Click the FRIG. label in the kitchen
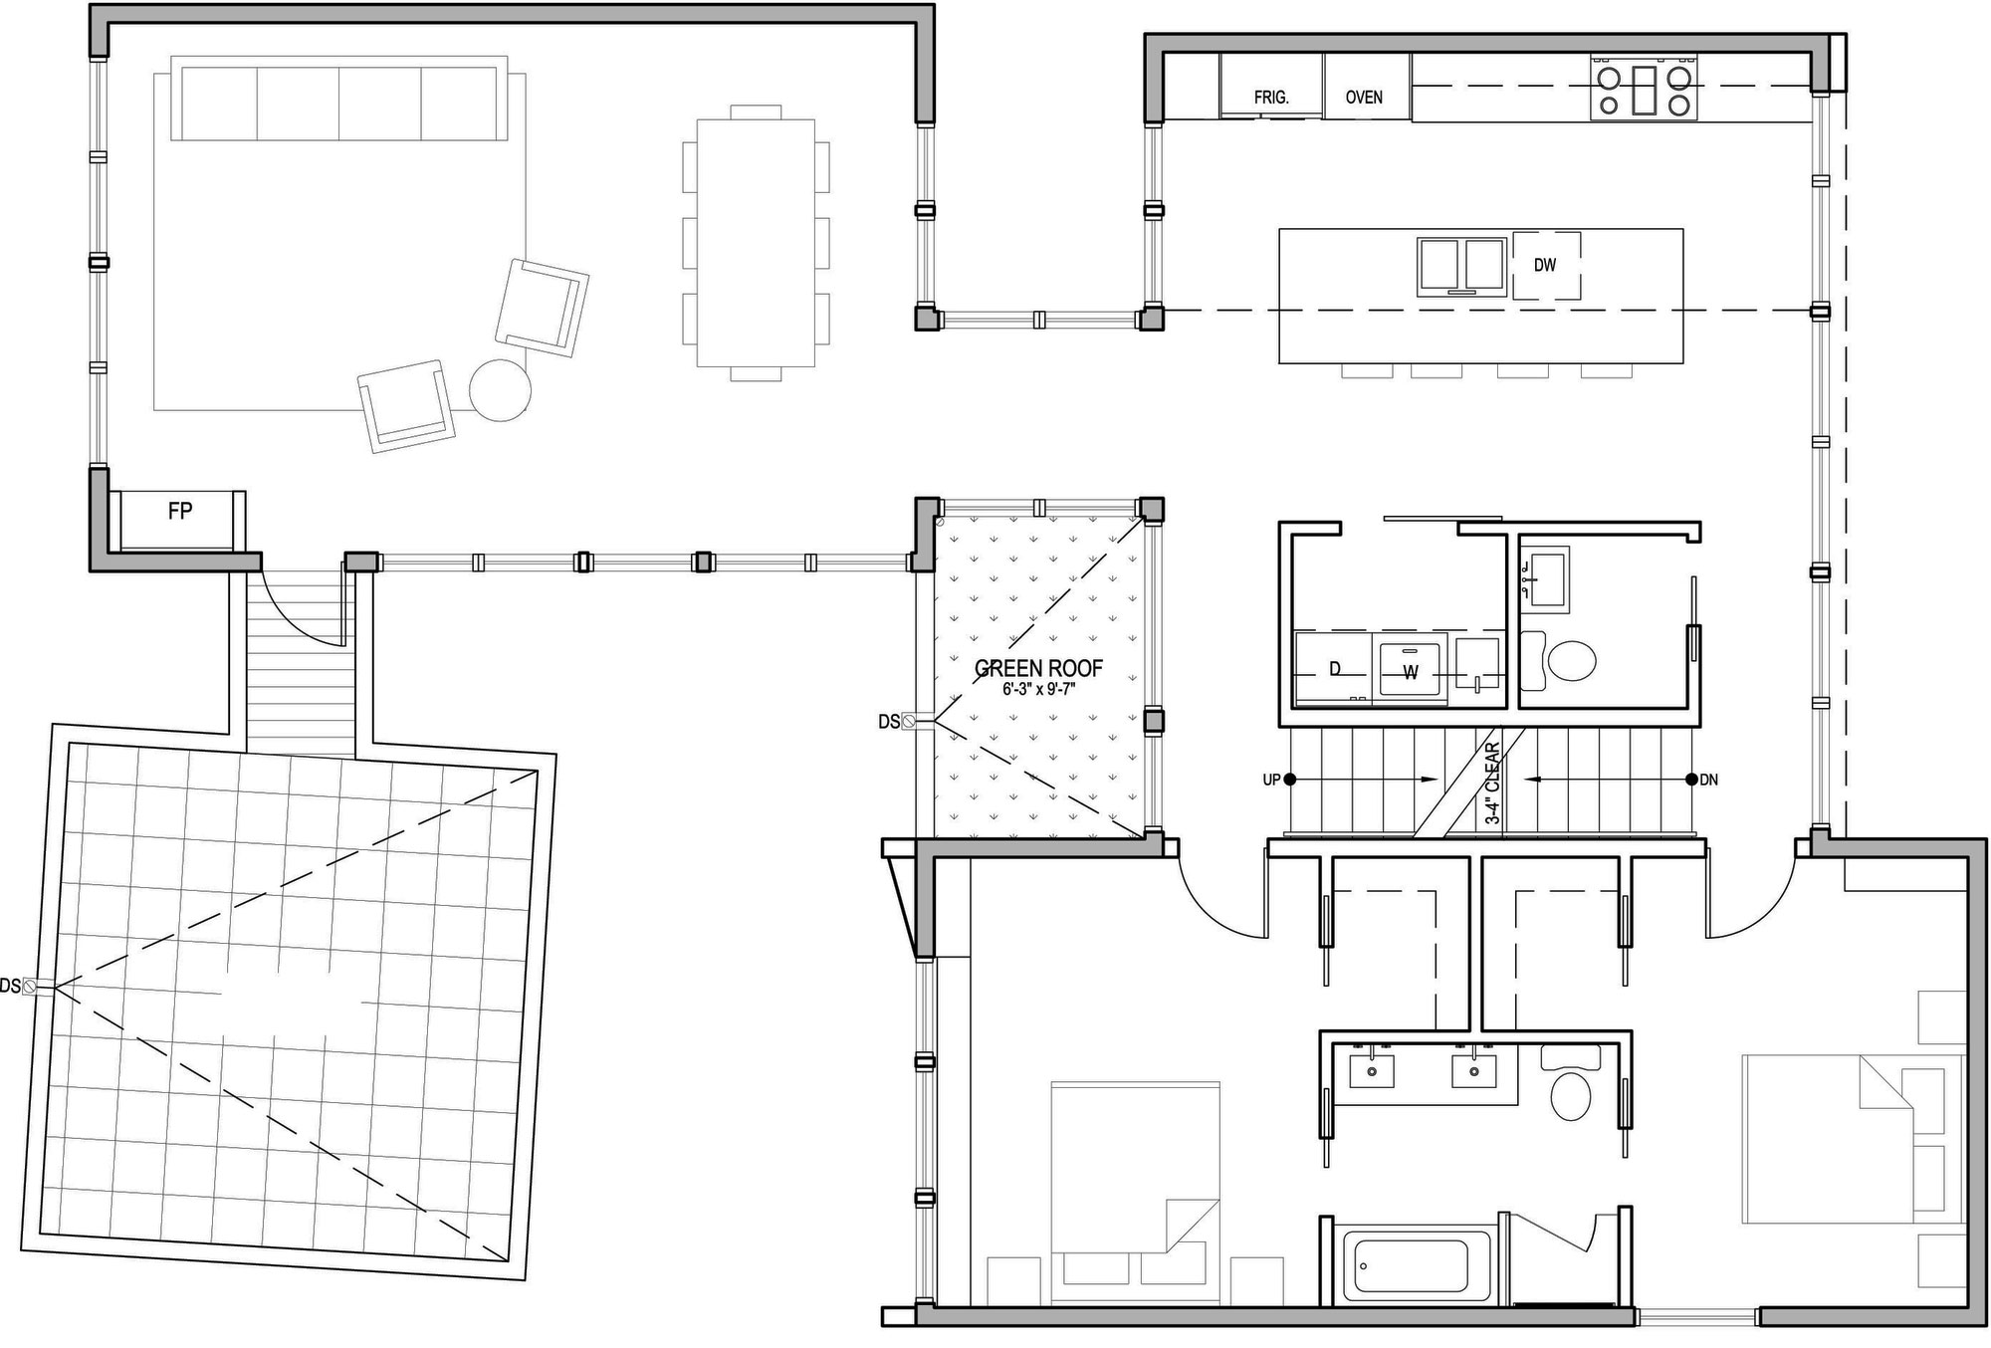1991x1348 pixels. [x=1271, y=98]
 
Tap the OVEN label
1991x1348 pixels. [x=1364, y=98]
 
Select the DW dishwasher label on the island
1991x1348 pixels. [x=1545, y=265]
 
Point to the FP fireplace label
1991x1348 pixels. [x=180, y=512]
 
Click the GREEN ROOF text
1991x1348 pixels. [x=1038, y=668]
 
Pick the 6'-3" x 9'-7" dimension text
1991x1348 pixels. [x=1038, y=688]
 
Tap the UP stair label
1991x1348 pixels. [x=1271, y=781]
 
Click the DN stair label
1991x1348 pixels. [x=1709, y=781]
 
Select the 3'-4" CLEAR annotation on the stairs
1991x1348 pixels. [x=1492, y=784]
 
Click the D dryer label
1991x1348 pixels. [x=1335, y=670]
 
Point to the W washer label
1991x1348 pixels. [x=1411, y=673]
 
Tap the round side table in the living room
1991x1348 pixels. [x=500, y=389]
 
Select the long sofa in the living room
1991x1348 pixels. [x=339, y=99]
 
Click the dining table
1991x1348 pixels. [x=756, y=243]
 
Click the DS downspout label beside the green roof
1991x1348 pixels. [x=889, y=722]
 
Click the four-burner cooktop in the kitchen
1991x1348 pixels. [x=1644, y=90]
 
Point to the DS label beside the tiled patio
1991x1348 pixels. [x=10, y=987]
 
